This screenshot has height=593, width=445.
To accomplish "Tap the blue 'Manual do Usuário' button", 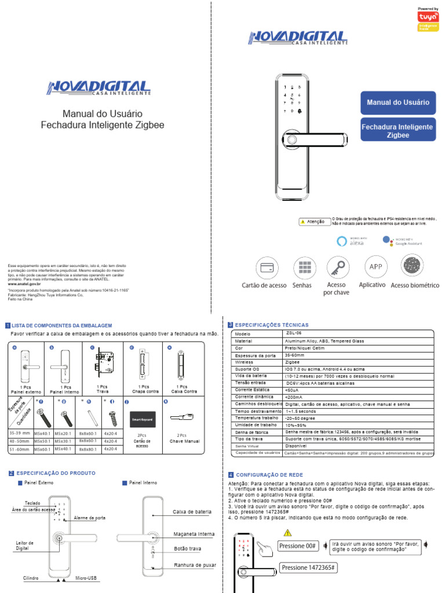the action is coord(398,103).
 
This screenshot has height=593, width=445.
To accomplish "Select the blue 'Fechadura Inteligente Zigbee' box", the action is coord(397,130).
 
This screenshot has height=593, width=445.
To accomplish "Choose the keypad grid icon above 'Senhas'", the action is coord(302,268).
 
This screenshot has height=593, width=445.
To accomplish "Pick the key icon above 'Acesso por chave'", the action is coord(337,267).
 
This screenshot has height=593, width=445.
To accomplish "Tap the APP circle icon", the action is coord(375,266).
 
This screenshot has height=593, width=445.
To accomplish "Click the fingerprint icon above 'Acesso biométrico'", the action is coord(413,265).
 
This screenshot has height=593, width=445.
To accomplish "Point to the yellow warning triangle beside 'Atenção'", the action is coord(302,222).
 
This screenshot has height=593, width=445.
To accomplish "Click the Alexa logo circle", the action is coord(341,241).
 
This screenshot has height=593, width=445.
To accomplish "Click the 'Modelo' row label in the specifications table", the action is coord(242,334).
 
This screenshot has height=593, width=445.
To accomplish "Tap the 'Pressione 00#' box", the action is coord(298,546).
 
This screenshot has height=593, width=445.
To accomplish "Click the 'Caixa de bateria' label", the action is coord(191,512).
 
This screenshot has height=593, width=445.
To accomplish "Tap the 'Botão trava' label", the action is coord(187,548).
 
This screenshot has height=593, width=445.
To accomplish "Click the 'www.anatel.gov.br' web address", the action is coord(24,284).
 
